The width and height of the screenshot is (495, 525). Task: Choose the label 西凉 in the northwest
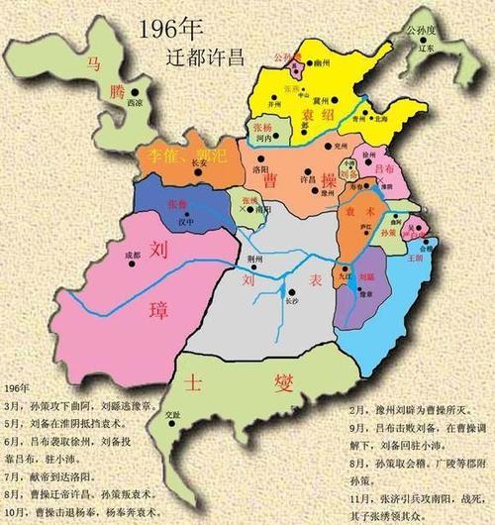tap(122, 129)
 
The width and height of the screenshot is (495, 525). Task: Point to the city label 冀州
tap(324, 99)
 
